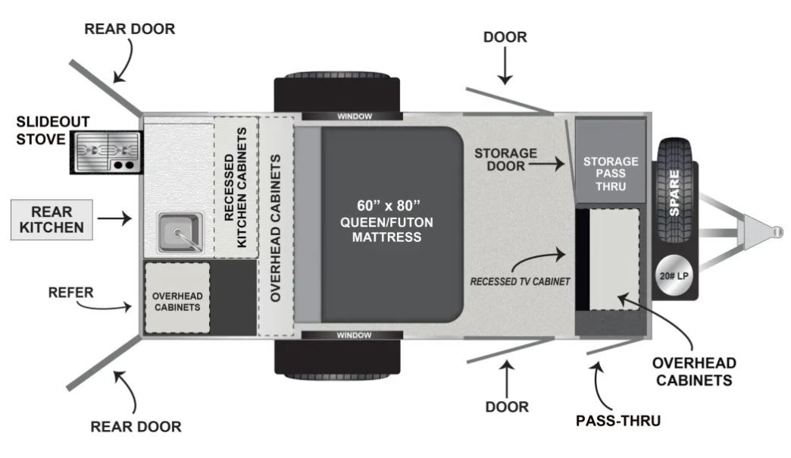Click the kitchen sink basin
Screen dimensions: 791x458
click(x=180, y=232)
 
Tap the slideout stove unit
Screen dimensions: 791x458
click(x=106, y=152)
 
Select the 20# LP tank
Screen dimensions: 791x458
click(x=674, y=276)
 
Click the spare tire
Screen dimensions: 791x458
click(x=675, y=193)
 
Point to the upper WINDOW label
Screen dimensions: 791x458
click(x=355, y=117)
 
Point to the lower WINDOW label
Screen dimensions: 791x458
click(x=354, y=335)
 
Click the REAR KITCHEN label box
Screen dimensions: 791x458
click(x=52, y=220)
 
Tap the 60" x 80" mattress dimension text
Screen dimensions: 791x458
click(x=389, y=205)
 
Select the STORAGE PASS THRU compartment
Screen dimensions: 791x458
click(x=611, y=161)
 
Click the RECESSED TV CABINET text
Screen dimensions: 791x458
click(x=520, y=282)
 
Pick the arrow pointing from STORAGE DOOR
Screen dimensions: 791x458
click(x=546, y=164)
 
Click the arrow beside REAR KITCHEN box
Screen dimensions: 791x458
click(x=114, y=218)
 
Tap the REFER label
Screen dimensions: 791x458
click(x=70, y=293)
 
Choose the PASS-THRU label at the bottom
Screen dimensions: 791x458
click(x=618, y=421)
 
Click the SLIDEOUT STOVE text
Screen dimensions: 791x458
click(x=52, y=130)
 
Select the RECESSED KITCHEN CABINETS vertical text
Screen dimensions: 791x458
click(x=236, y=187)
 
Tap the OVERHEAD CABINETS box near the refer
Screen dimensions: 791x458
click(x=177, y=298)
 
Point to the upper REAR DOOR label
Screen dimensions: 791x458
click(x=130, y=29)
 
